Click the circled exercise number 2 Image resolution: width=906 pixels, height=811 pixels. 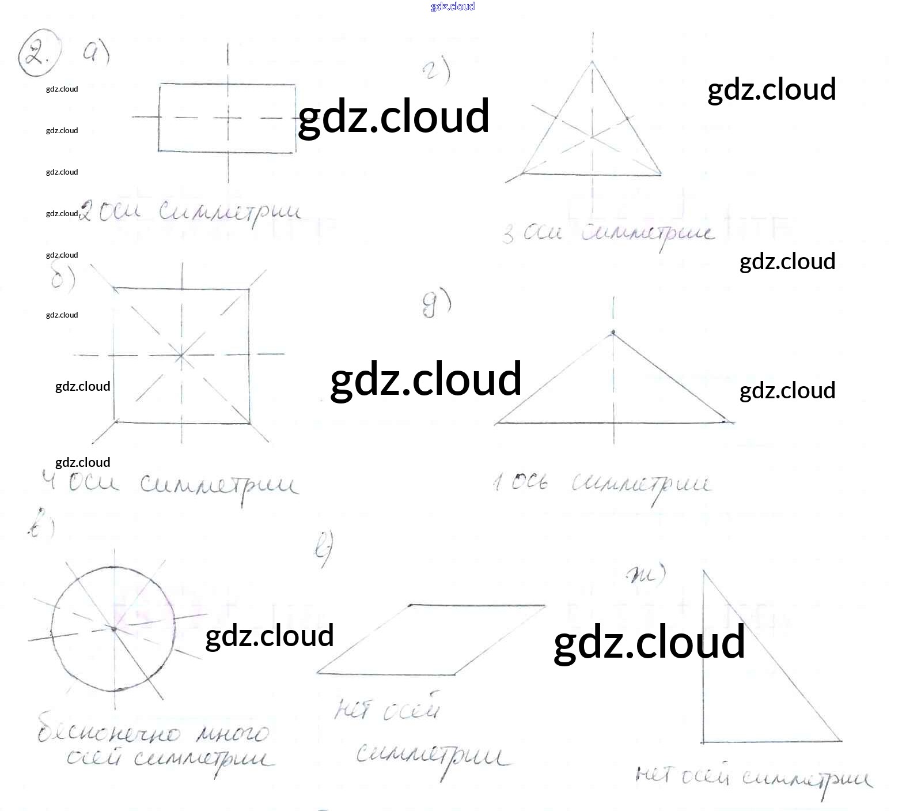[x=38, y=53]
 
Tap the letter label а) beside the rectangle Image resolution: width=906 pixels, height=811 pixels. [x=96, y=53]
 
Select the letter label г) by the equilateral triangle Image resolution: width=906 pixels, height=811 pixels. [x=437, y=71]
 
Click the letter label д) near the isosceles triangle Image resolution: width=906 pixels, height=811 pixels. [x=436, y=304]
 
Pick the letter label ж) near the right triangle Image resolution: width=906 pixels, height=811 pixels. [x=646, y=574]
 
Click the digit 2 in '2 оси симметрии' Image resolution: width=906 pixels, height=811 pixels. [x=85, y=212]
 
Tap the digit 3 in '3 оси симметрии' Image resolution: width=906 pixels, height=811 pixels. [x=508, y=235]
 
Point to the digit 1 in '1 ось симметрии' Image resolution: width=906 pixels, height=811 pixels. [x=496, y=482]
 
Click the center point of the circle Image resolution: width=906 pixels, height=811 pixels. [x=114, y=629]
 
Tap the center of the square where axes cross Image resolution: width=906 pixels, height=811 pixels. [x=181, y=355]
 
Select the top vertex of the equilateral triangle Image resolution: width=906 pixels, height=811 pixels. [x=593, y=61]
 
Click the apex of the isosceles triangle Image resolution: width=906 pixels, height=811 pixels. [x=613, y=332]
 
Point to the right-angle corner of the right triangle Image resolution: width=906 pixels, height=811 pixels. [x=703, y=741]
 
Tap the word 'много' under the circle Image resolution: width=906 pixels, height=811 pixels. [x=232, y=733]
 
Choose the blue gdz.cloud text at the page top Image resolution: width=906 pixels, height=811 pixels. [x=453, y=6]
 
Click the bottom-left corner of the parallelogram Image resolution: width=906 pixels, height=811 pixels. [x=318, y=673]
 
